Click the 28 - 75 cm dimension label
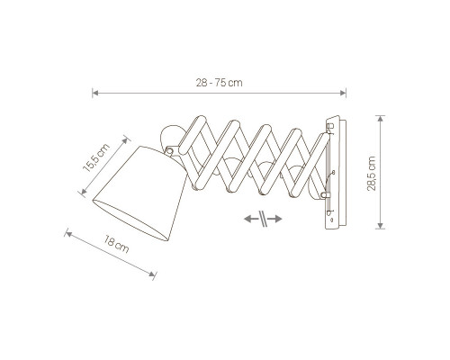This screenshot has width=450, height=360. point(219,83)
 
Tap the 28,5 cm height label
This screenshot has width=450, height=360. point(372,173)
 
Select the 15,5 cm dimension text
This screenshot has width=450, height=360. point(96,158)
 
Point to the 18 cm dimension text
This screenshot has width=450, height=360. point(117,244)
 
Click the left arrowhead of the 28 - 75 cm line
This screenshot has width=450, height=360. point(95,93)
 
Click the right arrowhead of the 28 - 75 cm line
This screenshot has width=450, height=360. point(343,93)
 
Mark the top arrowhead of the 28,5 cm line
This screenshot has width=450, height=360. point(381,119)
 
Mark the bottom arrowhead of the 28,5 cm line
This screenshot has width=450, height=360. point(381,226)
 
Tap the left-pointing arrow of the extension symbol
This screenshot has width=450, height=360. point(251,219)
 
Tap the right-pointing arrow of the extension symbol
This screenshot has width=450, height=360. point(274,219)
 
